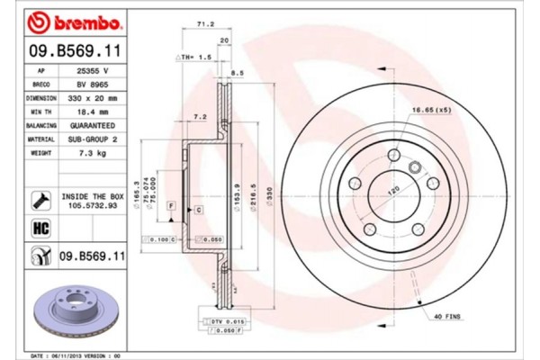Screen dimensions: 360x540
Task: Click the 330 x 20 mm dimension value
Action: tap(94, 97)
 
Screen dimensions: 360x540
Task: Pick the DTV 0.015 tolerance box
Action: tap(219, 322)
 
